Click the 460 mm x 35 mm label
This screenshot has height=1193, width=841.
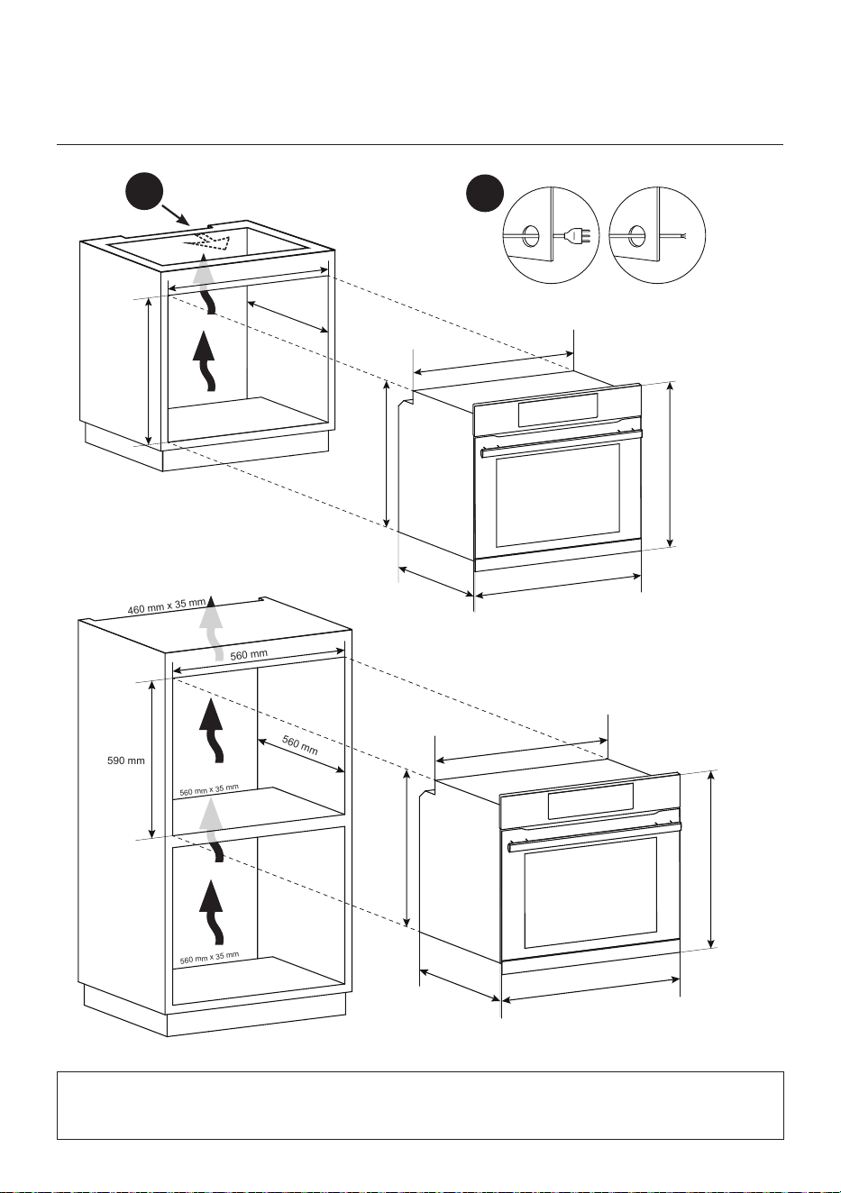167,606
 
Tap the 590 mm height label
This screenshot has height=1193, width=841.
126,760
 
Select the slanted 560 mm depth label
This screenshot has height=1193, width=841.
299,745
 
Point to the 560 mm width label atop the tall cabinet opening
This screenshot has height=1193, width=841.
249,654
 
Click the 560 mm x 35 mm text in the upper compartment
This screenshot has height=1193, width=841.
209,790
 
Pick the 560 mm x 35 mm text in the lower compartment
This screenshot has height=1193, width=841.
209,958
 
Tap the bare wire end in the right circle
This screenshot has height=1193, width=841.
680,235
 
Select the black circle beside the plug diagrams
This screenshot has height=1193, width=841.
485,194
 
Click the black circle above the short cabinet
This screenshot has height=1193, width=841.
144,191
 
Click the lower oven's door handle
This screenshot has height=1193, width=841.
594,835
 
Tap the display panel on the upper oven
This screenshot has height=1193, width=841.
557,410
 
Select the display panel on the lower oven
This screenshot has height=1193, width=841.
590,800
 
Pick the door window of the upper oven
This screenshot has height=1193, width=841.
558,496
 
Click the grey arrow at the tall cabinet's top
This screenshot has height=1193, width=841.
212,628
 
